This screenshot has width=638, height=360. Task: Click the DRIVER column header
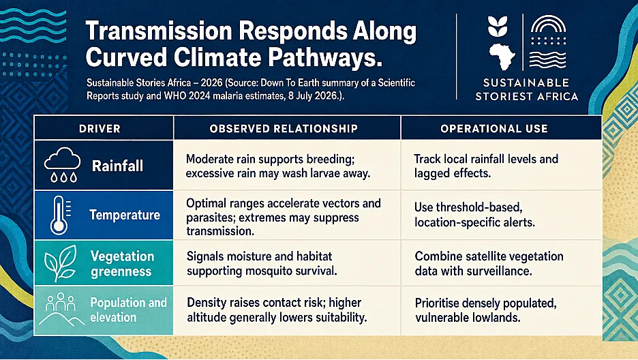coord(100,129)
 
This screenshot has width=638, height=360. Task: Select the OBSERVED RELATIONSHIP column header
coord(284,129)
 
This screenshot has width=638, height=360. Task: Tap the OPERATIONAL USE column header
coord(494,129)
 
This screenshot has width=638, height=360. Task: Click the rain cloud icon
coord(62,164)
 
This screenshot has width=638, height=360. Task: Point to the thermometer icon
coord(60,215)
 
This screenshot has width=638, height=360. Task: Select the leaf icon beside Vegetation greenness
coord(60,262)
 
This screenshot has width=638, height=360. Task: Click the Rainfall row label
coord(117,166)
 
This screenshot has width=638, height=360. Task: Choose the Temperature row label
coord(125,215)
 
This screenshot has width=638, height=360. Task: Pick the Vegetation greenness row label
coord(122,264)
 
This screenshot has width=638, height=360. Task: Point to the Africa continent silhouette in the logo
coord(502,57)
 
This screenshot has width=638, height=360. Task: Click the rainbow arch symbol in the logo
coord(548,25)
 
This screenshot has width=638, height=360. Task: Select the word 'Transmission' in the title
coord(159,31)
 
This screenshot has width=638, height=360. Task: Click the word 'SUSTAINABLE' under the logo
coord(526,83)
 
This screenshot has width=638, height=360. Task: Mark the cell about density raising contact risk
coord(277,310)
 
